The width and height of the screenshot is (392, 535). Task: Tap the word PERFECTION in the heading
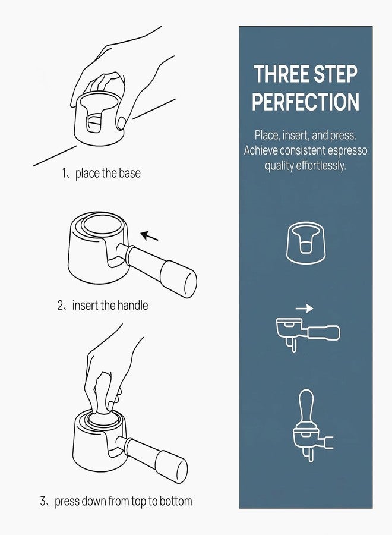[x=306, y=102]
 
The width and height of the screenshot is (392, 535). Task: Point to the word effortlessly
[x=321, y=165]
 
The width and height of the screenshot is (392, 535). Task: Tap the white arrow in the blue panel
[x=304, y=309]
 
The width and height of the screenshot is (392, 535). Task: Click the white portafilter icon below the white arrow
[x=308, y=333]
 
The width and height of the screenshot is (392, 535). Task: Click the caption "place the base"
[x=108, y=174]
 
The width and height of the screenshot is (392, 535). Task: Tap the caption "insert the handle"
[x=110, y=305]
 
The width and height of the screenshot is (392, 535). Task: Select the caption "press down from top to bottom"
[x=124, y=501]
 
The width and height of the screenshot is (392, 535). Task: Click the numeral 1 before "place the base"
[x=64, y=174]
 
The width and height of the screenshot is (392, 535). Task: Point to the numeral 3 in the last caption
[x=43, y=501]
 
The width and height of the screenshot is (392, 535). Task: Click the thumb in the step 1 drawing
[x=121, y=124]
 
